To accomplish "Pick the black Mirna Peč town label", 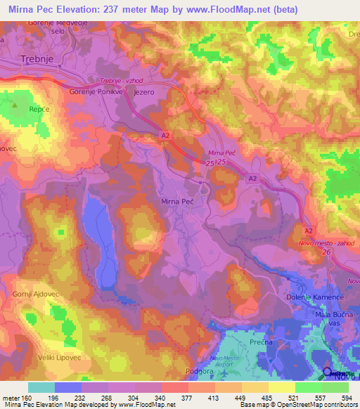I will point(177,202).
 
